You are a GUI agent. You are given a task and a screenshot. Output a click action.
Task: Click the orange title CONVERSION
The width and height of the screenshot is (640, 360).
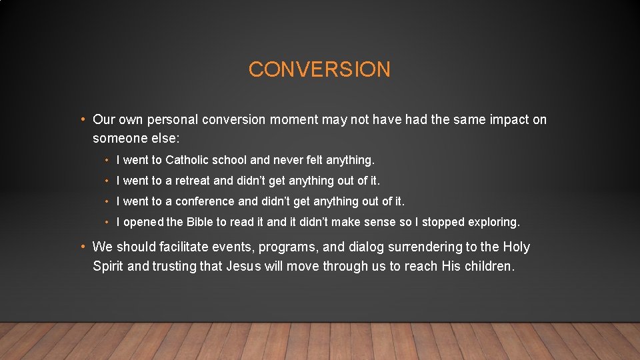(319, 69)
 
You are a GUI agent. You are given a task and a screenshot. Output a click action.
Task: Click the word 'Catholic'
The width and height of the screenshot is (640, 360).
(187, 160)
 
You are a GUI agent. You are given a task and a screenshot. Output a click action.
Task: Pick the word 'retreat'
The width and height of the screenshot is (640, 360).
(193, 181)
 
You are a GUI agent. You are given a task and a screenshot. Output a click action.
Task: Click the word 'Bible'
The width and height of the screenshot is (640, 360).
(198, 222)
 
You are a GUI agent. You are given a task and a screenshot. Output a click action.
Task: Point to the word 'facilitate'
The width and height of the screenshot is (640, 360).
(184, 247)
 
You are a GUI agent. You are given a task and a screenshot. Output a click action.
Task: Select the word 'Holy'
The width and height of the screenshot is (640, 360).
(516, 247)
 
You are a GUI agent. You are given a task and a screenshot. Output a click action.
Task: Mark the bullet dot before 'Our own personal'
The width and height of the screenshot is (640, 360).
(81, 120)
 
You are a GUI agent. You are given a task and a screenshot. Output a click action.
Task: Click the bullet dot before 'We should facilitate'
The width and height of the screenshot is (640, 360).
(81, 247)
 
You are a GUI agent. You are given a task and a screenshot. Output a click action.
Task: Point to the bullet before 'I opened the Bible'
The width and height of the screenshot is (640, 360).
(107, 222)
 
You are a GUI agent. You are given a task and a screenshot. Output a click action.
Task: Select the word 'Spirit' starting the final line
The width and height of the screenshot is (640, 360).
(108, 267)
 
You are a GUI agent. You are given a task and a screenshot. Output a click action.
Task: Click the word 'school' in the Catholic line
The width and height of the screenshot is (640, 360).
(230, 160)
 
